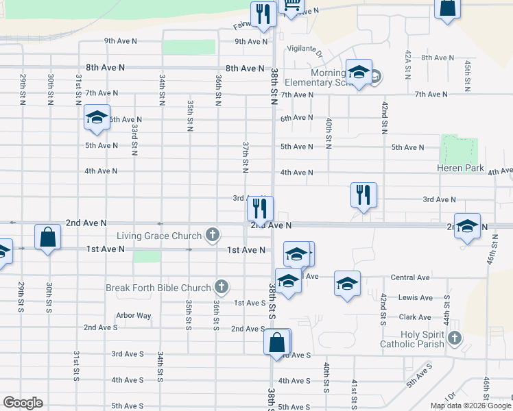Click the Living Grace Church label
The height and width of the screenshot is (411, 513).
tap(159, 236)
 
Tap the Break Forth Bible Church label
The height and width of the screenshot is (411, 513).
tap(158, 287)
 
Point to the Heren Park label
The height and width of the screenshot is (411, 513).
tap(460, 168)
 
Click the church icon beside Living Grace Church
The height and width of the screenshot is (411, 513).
tap(213, 236)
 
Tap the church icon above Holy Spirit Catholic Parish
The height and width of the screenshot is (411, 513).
tap(453, 338)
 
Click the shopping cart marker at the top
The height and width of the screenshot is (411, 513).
tap(293, 7)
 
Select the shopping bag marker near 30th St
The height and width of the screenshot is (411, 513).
tap(47, 238)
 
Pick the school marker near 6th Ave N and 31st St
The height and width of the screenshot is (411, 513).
tap(97, 118)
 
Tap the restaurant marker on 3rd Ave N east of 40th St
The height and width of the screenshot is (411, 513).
tap(363, 195)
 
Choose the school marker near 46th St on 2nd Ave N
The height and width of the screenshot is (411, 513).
tap(467, 227)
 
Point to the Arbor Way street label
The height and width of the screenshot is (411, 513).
tap(133, 316)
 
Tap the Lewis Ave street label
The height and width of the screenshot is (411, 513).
tap(416, 298)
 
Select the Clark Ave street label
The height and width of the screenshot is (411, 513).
tap(415, 317)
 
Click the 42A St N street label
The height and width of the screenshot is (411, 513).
tap(408, 65)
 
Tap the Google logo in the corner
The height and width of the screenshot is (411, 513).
tap(23, 403)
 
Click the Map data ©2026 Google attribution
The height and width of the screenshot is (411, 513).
tap(470, 406)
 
